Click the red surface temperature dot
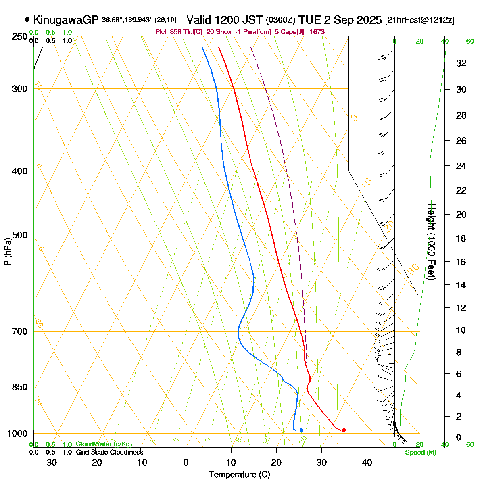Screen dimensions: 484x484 pos(344,430)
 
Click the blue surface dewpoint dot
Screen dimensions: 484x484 pos(301,430)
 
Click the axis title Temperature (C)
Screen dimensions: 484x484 pos(240,474)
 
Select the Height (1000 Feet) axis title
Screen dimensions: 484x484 pos(431,242)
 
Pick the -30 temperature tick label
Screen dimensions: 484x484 pos(50,463)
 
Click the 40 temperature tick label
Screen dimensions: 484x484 pos(367,463)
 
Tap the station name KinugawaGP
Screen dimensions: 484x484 pos(66,19)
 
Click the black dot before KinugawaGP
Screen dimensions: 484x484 pos(27,19)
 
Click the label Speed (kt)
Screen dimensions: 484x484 pos(421,453)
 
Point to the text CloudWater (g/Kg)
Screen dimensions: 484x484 pos(104,444)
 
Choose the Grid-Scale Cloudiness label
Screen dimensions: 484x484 pos(109,453)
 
